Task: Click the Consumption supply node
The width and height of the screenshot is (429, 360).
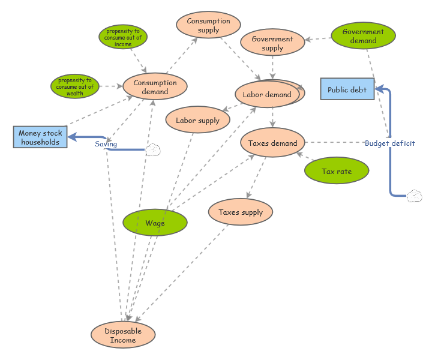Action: pos(208,26)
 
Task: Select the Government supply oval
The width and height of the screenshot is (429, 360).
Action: pos(272,43)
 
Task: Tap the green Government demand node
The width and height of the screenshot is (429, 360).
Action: pos(363,36)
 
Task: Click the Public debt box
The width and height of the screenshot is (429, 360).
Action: pos(347,89)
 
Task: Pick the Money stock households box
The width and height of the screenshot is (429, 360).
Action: pos(40,137)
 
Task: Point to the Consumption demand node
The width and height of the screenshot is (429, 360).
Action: pos(155,88)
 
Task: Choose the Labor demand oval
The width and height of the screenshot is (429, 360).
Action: pos(267,94)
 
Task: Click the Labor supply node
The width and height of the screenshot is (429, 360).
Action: pos(197,121)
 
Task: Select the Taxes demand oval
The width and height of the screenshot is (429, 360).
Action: pos(273,143)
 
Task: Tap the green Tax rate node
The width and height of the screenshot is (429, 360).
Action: pos(337,172)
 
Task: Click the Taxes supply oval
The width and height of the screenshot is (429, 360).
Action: pos(241,212)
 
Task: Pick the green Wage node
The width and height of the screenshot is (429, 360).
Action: pos(155,223)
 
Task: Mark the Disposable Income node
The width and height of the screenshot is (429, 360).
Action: pos(123,335)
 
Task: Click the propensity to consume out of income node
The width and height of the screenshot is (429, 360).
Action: pos(123,37)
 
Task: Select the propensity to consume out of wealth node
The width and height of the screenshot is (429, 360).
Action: pos(75,86)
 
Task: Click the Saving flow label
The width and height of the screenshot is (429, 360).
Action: pos(106,144)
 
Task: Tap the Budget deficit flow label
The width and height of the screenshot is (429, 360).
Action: pos(390,143)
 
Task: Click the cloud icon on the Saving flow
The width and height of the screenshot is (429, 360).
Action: pos(153,149)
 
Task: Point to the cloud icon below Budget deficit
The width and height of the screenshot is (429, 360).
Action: pos(414,196)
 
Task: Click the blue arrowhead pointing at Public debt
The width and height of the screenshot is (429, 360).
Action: pos(380,89)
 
